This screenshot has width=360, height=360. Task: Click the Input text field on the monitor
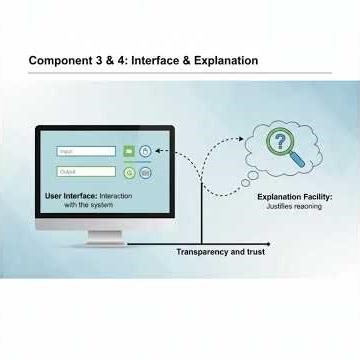pos(86,152)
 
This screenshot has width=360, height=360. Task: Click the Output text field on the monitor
pos(86,171)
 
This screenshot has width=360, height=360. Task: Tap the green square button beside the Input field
pos(127,152)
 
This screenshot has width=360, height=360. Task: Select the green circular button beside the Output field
pos(127,171)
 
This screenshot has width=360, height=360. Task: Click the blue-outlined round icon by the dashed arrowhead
pos(145,152)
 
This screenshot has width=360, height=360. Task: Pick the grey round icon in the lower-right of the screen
pos(145,171)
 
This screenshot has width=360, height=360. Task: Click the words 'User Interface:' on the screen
pos(71,195)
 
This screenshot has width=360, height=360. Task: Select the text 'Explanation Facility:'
pos(295,197)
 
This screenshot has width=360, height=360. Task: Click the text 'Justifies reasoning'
pos(295,207)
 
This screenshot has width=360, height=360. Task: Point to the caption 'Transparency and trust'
pos(220,252)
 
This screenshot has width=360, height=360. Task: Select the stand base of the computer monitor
pos(104,240)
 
